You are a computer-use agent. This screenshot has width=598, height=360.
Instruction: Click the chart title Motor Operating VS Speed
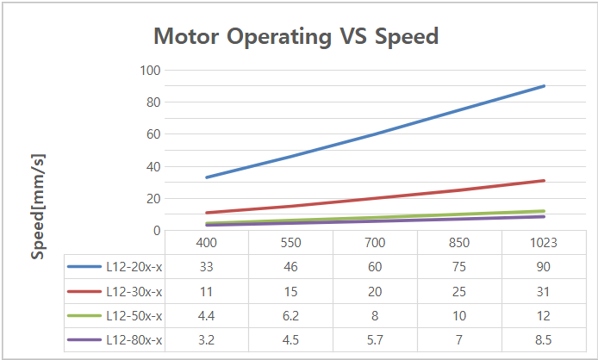pyautogui.click(x=296, y=36)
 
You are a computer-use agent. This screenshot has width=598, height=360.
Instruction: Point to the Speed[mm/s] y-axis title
pyautogui.click(x=37, y=207)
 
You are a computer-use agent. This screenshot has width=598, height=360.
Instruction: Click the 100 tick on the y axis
pyautogui.click(x=150, y=70)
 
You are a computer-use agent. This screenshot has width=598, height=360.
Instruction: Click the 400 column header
pyautogui.click(x=206, y=244)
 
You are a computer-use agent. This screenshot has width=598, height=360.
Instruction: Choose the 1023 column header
pyautogui.click(x=544, y=244)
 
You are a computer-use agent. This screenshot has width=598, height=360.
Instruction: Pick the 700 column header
pyautogui.click(x=375, y=244)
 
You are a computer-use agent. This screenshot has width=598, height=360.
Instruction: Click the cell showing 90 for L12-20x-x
pyautogui.click(x=544, y=267)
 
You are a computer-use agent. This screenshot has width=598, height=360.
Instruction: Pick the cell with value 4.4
pyautogui.click(x=206, y=316)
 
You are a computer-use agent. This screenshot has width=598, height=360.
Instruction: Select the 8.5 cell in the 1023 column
pyautogui.click(x=544, y=341)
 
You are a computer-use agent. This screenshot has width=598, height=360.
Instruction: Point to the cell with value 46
pyautogui.click(x=290, y=267)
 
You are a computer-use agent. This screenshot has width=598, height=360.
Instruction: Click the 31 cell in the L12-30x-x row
pyautogui.click(x=544, y=292)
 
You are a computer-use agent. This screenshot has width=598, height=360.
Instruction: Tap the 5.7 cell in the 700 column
pyautogui.click(x=375, y=341)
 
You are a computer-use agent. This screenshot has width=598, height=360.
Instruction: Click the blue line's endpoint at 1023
pyautogui.click(x=544, y=86)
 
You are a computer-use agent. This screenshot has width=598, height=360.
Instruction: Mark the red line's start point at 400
pyautogui.click(x=206, y=213)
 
